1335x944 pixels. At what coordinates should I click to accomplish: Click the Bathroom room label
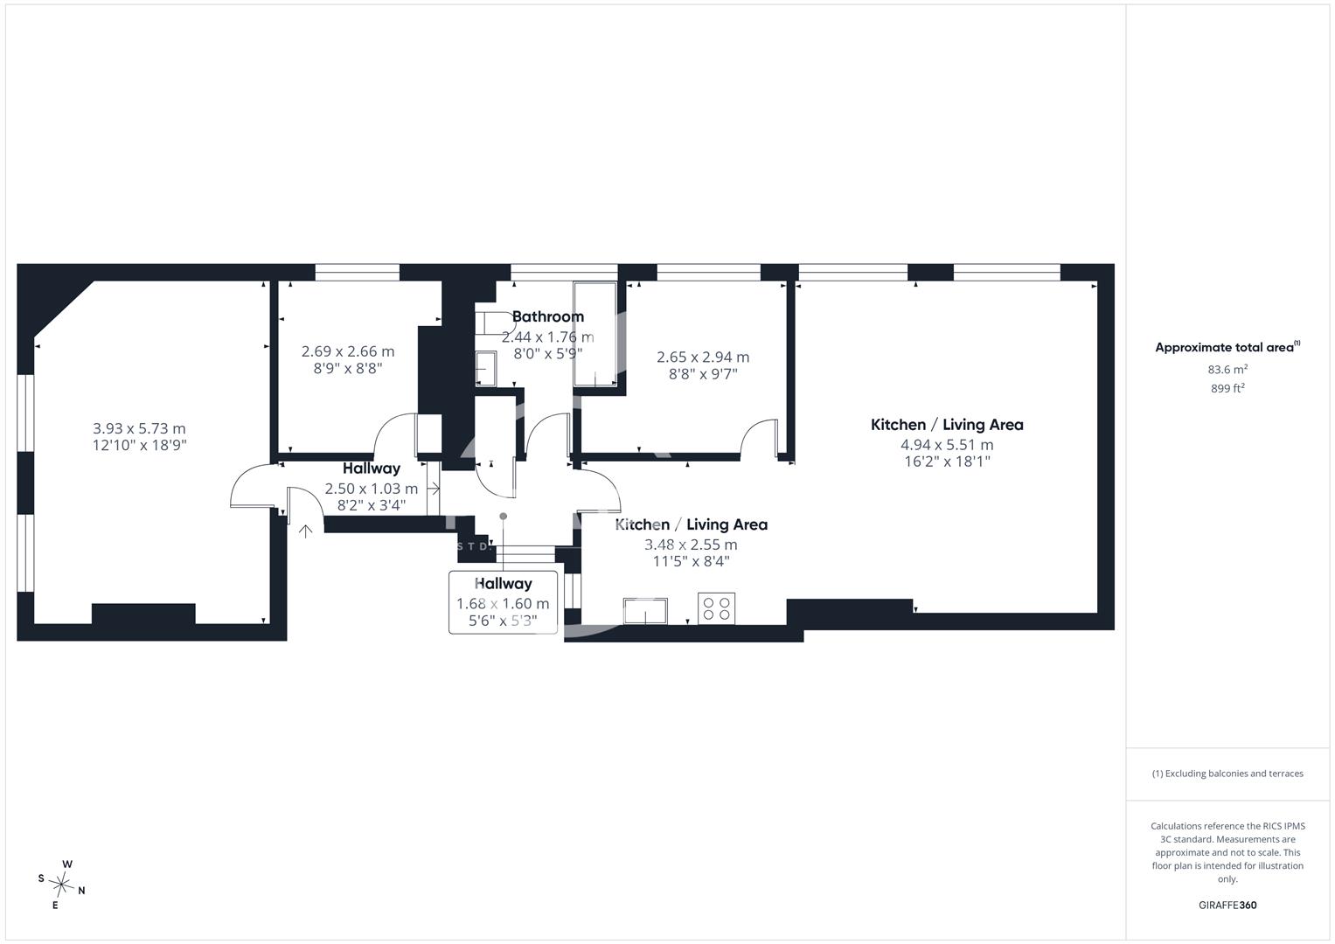tap(547, 316)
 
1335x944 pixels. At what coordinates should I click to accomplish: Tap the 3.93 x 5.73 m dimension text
tap(140, 428)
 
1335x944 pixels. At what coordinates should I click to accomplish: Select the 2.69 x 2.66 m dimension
tap(348, 351)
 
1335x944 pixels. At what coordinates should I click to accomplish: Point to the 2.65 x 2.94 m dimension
tap(703, 357)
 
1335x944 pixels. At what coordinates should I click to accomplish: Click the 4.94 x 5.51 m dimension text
tap(947, 445)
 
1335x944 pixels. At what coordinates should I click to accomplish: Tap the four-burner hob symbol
tap(716, 608)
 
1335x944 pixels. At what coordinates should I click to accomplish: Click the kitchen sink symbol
tap(645, 612)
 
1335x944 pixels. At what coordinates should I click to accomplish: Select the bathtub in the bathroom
tap(594, 334)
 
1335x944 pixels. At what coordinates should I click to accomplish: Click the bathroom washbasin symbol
tap(486, 368)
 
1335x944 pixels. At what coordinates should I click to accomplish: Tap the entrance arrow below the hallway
tap(305, 531)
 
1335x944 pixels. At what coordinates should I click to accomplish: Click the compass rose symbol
tap(61, 885)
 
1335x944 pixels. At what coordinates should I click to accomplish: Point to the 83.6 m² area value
tap(1227, 370)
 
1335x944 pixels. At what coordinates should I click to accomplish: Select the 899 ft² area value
tap(1227, 389)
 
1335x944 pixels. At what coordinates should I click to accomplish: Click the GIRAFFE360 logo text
tap(1227, 905)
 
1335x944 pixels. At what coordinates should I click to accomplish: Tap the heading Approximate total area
tap(1227, 347)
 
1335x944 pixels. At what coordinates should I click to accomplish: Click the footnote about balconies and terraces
tap(1227, 774)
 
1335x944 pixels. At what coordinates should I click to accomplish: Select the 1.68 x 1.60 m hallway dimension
tap(503, 604)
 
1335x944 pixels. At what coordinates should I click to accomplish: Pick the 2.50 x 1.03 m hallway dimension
tap(372, 489)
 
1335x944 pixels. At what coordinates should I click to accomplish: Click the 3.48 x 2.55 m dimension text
tap(691, 545)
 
